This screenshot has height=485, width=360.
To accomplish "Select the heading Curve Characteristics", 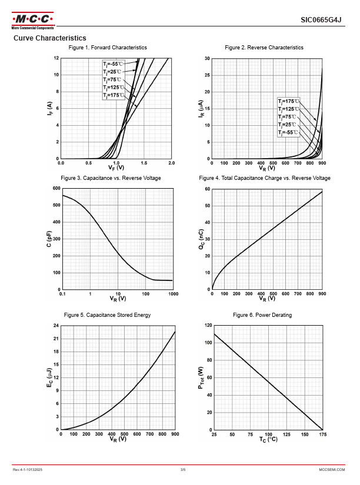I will pyautogui.click(x=49, y=38).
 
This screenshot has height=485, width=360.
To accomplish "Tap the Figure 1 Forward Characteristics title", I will pyautogui.click(x=108, y=47).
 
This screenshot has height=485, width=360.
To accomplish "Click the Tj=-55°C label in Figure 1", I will pyautogui.click(x=114, y=63).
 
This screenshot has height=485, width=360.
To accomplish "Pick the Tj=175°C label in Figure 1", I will pyautogui.click(x=114, y=95).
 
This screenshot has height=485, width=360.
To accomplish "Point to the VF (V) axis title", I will pyautogui.click(x=116, y=169).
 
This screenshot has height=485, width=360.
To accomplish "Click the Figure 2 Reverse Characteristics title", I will pyautogui.click(x=264, y=47).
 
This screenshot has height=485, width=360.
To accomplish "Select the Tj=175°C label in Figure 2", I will pyautogui.click(x=289, y=101).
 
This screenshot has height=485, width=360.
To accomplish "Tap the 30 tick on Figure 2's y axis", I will pyautogui.click(x=207, y=59).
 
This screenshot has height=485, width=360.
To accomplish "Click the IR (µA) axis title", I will pyautogui.click(x=200, y=109).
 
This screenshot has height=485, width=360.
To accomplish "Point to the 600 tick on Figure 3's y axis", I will pyautogui.click(x=56, y=188).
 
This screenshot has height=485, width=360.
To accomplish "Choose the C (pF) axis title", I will pyautogui.click(x=49, y=239).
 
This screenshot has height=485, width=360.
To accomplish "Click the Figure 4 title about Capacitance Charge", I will pyautogui.click(x=265, y=178).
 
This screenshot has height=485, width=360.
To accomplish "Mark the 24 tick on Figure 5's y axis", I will pyautogui.click(x=56, y=325).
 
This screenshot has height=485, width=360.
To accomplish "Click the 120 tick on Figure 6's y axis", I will pyautogui.click(x=207, y=325).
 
